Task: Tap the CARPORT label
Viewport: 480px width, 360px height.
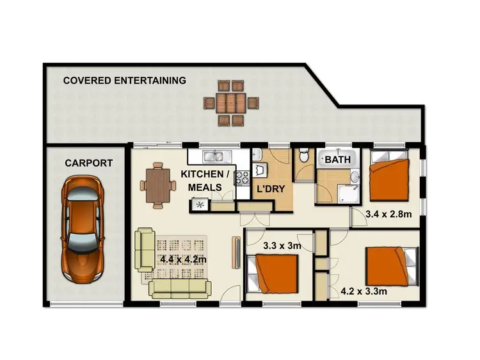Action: pyautogui.click(x=88, y=163)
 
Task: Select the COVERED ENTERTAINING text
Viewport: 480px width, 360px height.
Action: pyautogui.click(x=124, y=81)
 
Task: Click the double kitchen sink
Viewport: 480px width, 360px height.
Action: pyautogui.click(x=212, y=156)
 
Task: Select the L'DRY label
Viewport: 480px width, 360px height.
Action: pyautogui.click(x=270, y=190)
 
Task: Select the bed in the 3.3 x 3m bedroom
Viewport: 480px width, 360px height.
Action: pyautogui.click(x=276, y=272)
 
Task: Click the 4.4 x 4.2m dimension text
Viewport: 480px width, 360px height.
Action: pyautogui.click(x=184, y=259)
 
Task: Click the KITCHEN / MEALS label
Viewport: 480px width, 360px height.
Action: pyautogui.click(x=205, y=181)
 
